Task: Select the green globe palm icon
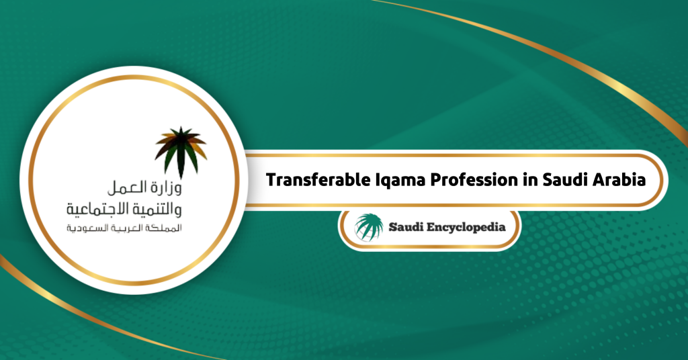point(369,227)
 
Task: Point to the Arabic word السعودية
point(87,228)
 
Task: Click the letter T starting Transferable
point(272,180)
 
